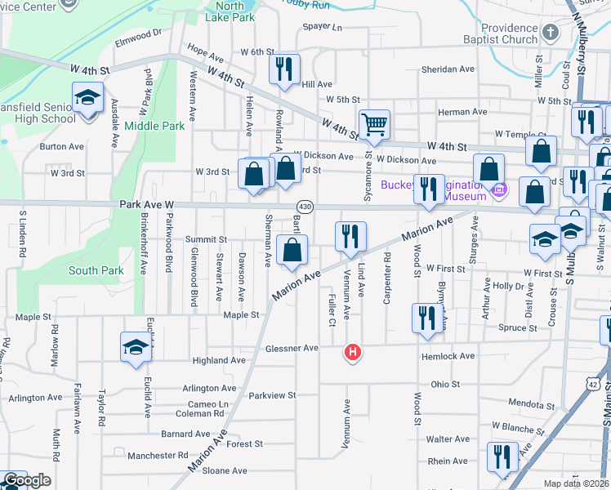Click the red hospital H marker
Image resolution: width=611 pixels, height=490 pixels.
point(353,353)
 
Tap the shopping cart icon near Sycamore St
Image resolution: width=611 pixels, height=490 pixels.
point(374,124)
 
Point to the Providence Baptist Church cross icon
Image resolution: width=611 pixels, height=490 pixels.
point(550,32)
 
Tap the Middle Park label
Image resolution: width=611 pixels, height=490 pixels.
point(155,127)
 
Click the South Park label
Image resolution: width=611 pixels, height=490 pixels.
point(96,270)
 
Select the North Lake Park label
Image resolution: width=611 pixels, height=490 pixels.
point(225,11)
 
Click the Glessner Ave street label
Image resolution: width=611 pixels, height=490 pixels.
point(292,349)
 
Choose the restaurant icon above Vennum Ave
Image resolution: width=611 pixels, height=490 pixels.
point(351,236)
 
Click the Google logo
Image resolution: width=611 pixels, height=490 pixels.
point(26,480)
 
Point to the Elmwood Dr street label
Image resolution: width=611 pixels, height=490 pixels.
point(140,36)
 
